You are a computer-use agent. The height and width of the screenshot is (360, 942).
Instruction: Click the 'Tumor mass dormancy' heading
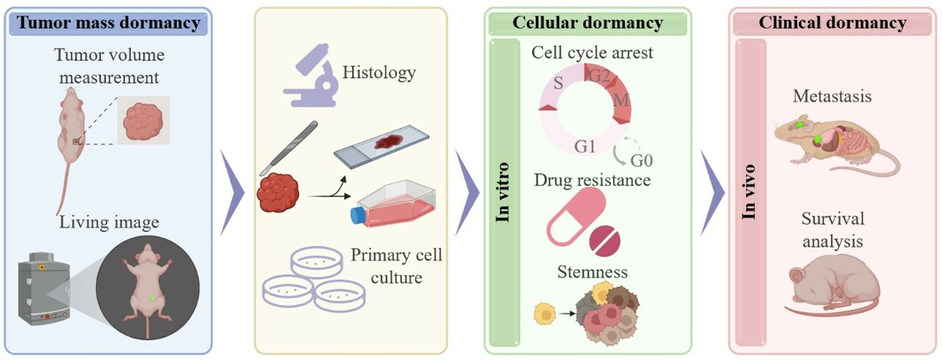click(108, 23)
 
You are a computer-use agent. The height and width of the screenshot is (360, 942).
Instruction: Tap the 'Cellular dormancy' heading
click(587, 23)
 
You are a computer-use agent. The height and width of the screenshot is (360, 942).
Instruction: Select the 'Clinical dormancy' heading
click(832, 23)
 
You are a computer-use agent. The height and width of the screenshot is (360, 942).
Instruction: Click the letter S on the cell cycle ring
click(558, 82)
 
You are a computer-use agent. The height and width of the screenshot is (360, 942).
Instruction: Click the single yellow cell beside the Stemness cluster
click(545, 314)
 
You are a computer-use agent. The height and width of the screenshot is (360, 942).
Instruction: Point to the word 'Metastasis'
click(832, 96)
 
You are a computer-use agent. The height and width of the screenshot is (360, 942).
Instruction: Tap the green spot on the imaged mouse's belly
click(152, 298)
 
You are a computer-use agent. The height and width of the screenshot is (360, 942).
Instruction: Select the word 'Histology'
click(379, 72)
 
